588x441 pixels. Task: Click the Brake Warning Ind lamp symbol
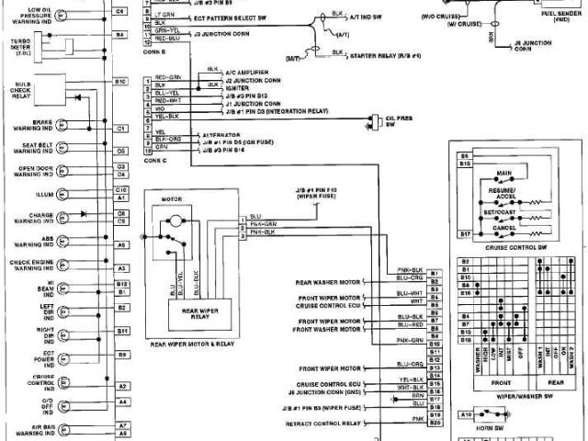pos(62,126)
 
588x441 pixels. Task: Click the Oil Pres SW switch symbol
pos(376,119)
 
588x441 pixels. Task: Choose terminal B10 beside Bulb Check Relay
pos(120,82)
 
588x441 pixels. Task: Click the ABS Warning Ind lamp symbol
pos(62,243)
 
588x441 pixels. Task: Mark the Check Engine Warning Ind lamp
pos(62,266)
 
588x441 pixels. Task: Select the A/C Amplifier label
pos(226,69)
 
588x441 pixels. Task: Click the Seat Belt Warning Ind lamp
pos(62,148)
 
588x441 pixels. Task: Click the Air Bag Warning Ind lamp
pos(62,428)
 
